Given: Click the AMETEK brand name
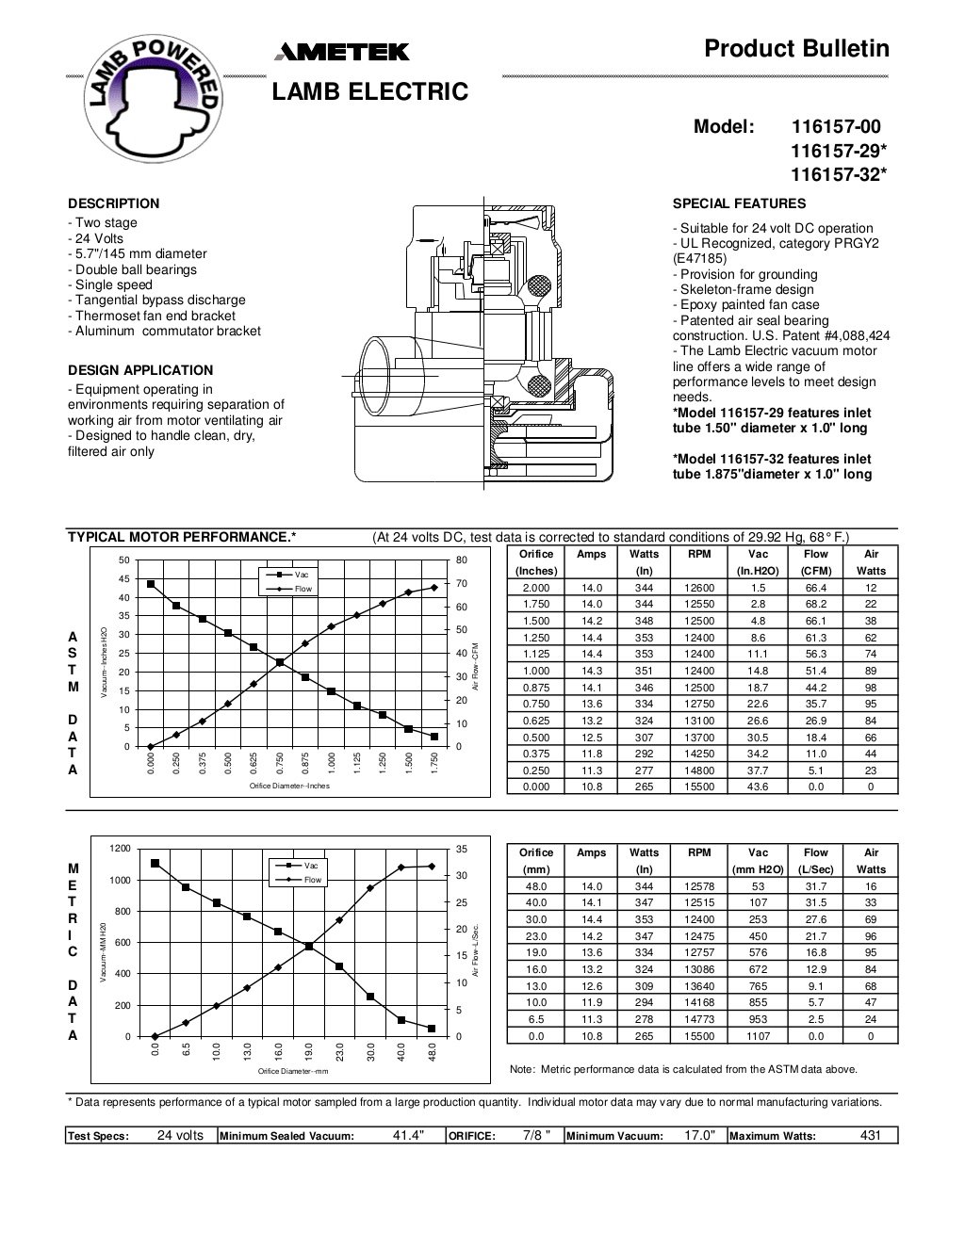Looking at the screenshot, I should [341, 54].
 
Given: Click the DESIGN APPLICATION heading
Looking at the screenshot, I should [140, 370].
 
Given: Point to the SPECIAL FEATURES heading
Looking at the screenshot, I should [739, 203].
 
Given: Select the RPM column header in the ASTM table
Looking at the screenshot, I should [699, 554].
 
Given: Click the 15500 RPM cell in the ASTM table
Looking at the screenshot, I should [699, 787].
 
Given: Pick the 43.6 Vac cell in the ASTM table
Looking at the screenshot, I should [758, 787].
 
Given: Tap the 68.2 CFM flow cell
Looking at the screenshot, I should [815, 603].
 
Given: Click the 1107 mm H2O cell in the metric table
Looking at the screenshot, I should [758, 1036].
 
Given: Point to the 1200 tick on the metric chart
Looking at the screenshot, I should [120, 848].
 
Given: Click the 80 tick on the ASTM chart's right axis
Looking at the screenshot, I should [461, 560].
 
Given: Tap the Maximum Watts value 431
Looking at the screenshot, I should [870, 1136].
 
